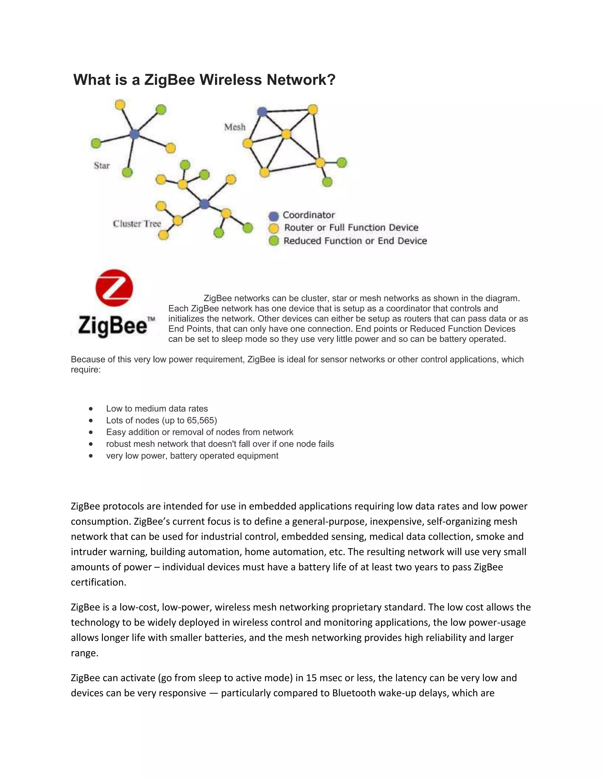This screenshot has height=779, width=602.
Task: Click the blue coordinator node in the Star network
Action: [x=134, y=134]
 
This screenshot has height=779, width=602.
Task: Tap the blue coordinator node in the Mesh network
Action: [x=262, y=112]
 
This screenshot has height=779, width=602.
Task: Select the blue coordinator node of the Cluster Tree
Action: [x=204, y=204]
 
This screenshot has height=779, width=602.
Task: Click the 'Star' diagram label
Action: [x=102, y=166]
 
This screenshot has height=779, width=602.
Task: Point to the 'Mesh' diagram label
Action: [x=235, y=127]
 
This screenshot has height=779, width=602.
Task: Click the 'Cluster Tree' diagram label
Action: [x=137, y=224]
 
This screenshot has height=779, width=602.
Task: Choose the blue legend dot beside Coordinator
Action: [x=274, y=216]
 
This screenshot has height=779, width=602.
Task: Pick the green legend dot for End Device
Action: [x=274, y=241]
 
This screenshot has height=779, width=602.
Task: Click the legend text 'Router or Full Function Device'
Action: [x=351, y=228]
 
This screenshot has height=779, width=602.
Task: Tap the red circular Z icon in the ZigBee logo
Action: [x=114, y=288]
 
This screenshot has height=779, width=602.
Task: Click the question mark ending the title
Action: [x=331, y=80]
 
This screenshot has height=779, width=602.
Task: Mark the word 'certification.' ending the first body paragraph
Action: [x=98, y=582]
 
